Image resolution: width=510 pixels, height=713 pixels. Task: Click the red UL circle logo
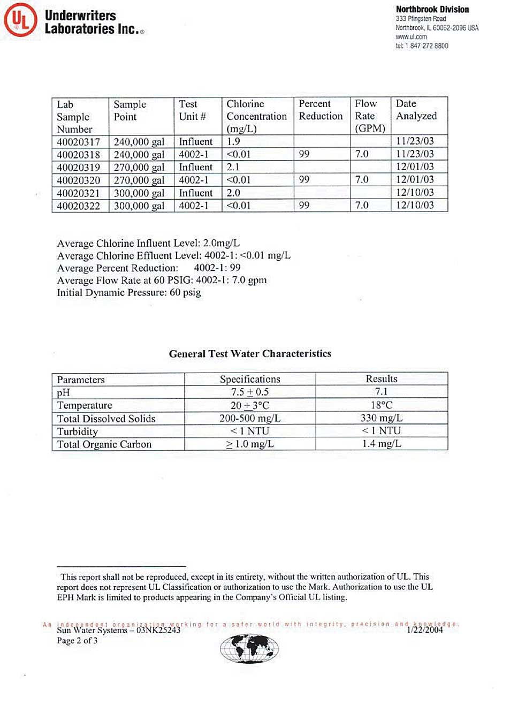tap(20, 20)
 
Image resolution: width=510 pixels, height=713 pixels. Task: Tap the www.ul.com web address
tap(411, 37)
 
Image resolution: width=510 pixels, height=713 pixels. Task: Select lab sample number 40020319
tap(78, 168)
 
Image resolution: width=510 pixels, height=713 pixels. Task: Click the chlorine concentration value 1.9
tap(233, 141)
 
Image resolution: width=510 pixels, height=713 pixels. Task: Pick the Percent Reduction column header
tap(321, 110)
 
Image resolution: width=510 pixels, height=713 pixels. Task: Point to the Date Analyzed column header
tap(416, 110)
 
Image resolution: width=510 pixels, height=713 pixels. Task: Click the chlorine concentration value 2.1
tap(233, 167)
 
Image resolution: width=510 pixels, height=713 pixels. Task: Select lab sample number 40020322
tap(78, 206)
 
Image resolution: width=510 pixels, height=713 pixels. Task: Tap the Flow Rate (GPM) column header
tap(370, 116)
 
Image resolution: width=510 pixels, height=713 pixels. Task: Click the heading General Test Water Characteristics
tap(250, 354)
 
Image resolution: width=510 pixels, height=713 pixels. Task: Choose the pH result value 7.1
tap(381, 392)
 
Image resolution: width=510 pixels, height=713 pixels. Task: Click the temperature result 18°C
tap(381, 405)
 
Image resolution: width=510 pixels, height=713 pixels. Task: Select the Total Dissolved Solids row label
tap(106, 419)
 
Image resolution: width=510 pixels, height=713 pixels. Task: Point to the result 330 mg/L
tap(381, 418)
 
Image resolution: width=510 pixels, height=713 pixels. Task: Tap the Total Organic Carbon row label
tap(104, 444)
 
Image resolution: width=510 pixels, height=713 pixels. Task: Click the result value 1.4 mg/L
tap(381, 444)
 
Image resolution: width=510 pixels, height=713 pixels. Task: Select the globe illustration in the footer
tap(249, 649)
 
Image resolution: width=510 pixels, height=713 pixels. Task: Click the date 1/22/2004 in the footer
tap(425, 630)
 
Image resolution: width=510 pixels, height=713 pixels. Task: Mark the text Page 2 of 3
tap(77, 641)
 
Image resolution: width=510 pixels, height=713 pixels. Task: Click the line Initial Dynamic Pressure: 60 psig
tap(129, 293)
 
